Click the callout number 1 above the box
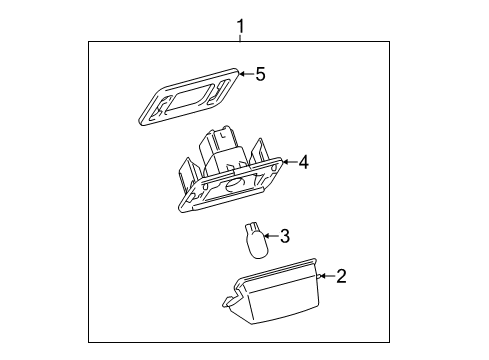pyautogui.click(x=240, y=26)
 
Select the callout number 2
pyautogui.click(x=341, y=276)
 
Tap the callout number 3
pyautogui.click(x=284, y=236)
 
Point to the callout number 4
pyautogui.click(x=303, y=162)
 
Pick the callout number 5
pyautogui.click(x=260, y=74)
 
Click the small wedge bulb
pyautogui.click(x=256, y=241)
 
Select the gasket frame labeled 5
pyautogui.click(x=189, y=97)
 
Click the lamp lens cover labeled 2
pyautogui.click(x=272, y=291)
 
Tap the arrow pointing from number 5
pyautogui.click(x=247, y=74)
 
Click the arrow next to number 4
pyautogui.click(x=290, y=162)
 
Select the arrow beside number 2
pyautogui.click(x=327, y=276)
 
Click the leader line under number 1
pyautogui.click(x=240, y=38)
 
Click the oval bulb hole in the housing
pyautogui.click(x=235, y=184)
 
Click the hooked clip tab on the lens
pyautogui.click(x=229, y=300)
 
